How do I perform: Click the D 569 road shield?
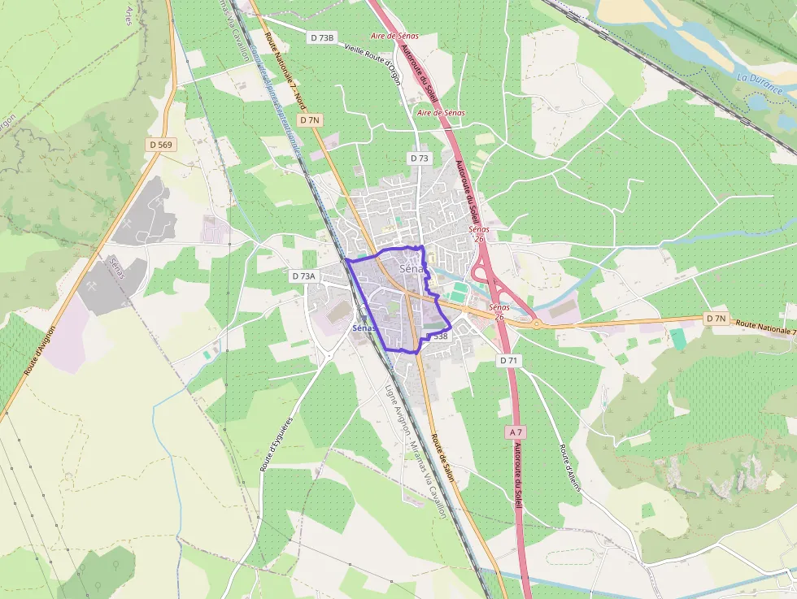(x=161, y=145)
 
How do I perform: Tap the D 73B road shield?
(x=322, y=38)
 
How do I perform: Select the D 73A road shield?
(x=303, y=276)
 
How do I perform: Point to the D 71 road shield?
(x=508, y=360)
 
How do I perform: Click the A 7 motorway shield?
(x=514, y=432)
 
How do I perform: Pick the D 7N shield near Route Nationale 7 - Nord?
(x=309, y=120)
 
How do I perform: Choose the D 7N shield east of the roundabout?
(x=716, y=319)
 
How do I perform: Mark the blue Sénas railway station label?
(x=364, y=328)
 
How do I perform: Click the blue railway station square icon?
(x=364, y=318)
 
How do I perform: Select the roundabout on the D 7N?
(x=537, y=323)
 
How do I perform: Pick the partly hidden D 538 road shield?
(x=439, y=336)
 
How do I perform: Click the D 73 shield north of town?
(x=419, y=158)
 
